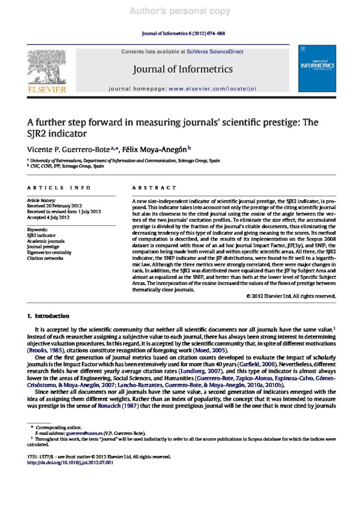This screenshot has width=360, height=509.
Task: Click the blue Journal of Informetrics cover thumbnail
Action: (316, 69)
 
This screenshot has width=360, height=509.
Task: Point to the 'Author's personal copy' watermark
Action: (180, 11)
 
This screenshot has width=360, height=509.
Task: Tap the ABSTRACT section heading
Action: (154, 188)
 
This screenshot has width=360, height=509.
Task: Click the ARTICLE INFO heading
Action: (59, 188)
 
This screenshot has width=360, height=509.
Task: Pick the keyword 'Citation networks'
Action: (46, 258)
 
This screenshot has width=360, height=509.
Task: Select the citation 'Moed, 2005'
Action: (210, 350)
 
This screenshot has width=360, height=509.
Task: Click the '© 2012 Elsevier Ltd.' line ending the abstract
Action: (291, 296)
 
